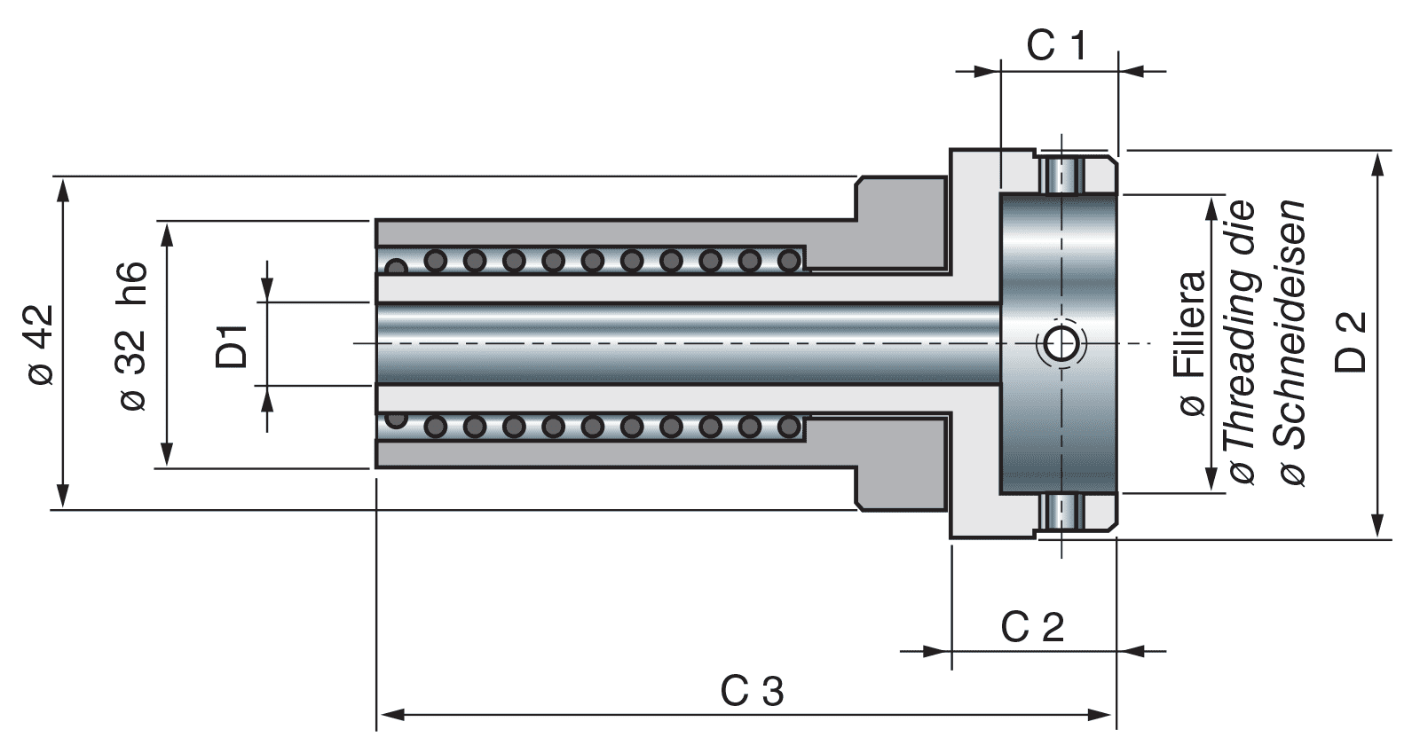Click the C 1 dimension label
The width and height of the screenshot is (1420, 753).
click(x=1056, y=45)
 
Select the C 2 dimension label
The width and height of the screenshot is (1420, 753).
click(x=1032, y=627)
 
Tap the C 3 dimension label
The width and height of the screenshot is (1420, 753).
click(x=752, y=691)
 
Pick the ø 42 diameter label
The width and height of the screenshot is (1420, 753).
click(x=40, y=344)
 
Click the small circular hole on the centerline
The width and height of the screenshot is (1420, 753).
click(x=1061, y=343)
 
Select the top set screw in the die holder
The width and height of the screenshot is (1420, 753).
click(x=1061, y=175)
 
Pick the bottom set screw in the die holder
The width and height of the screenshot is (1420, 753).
click(x=1061, y=512)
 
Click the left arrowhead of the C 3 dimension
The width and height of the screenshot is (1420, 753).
click(x=390, y=714)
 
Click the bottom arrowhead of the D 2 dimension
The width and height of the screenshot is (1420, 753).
click(x=1377, y=527)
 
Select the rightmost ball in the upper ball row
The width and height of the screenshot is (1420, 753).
click(x=788, y=260)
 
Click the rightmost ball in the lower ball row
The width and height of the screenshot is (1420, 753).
click(x=788, y=427)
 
